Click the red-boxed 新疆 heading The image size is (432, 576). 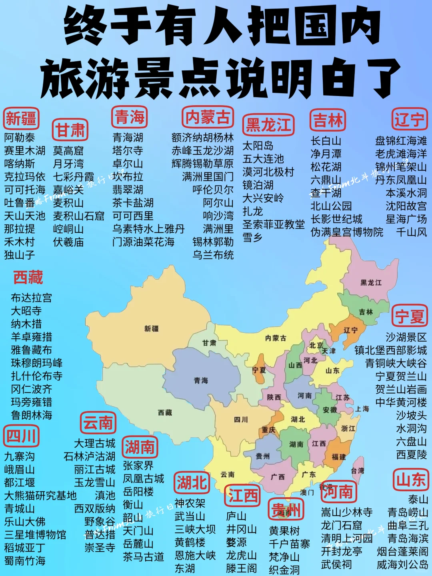(21, 118)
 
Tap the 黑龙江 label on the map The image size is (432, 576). (371, 283)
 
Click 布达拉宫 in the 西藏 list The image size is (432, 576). (31, 298)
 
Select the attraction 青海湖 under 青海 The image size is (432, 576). (128, 138)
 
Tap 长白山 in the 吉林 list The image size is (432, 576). (326, 141)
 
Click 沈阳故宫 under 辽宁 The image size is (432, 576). (406, 206)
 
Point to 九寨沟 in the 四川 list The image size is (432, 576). (19, 457)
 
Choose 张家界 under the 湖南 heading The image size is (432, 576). (138, 466)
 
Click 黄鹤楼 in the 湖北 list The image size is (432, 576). (190, 543)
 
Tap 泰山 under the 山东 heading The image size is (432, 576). (418, 500)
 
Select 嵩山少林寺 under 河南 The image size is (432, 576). (347, 512)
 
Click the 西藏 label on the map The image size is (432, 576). (165, 412)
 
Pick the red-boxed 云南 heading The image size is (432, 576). (98, 423)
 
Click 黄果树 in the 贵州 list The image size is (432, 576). (284, 531)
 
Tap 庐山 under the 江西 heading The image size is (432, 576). (236, 516)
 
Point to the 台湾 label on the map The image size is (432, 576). (358, 471)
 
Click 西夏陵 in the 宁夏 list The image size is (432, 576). (412, 455)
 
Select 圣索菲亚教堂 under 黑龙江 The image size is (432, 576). (274, 224)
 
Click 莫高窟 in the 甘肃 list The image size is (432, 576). (68, 151)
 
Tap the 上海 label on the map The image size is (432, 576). (362, 409)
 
